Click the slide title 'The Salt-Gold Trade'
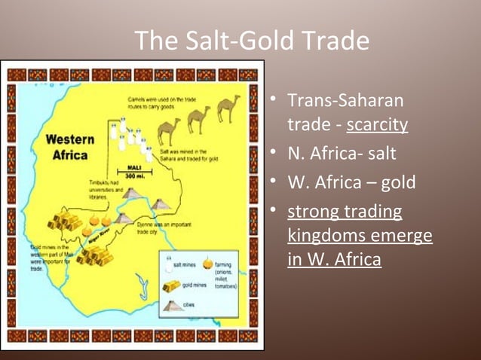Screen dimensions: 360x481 click(252, 41)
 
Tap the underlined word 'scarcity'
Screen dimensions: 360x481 click(377, 123)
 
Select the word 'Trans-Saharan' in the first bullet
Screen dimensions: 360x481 click(345, 101)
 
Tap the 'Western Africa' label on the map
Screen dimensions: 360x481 click(69, 148)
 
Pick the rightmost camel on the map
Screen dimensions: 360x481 click(228, 108)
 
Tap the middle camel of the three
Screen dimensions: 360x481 click(199, 118)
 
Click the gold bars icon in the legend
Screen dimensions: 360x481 click(172, 285)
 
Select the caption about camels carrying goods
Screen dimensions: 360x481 click(153, 103)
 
